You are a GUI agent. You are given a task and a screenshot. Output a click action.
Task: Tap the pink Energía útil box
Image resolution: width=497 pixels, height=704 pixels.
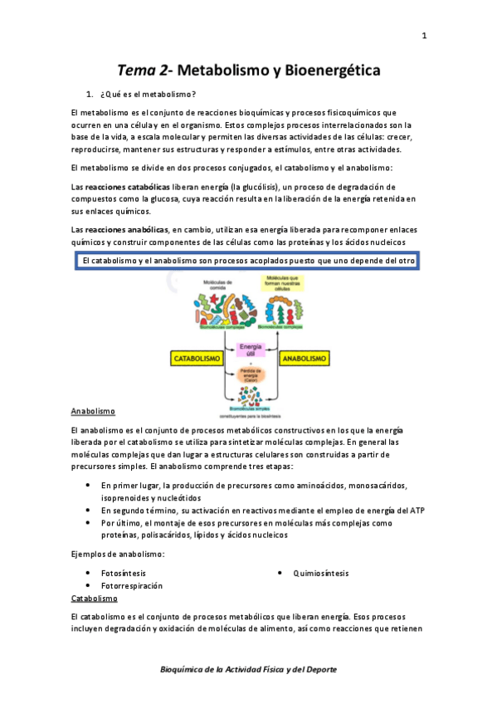click(x=250, y=350)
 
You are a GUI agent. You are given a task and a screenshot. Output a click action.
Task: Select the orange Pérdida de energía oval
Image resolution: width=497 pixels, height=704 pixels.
click(x=250, y=373)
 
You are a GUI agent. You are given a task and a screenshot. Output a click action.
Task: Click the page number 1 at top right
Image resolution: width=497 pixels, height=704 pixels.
click(x=424, y=36)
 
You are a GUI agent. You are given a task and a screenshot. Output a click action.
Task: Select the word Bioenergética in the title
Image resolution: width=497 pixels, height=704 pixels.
click(x=332, y=71)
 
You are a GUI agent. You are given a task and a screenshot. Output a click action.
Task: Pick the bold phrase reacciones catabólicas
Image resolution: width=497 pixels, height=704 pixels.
click(x=128, y=187)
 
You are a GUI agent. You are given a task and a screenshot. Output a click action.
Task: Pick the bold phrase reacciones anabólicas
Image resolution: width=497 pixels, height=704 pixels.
click(x=128, y=229)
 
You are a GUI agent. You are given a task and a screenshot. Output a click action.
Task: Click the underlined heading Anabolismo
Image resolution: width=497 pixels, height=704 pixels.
click(x=93, y=411)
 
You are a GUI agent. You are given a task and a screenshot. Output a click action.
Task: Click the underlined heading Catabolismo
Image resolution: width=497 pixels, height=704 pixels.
click(x=94, y=598)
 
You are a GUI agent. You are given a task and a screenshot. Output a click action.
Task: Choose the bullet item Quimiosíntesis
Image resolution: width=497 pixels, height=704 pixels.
click(x=320, y=573)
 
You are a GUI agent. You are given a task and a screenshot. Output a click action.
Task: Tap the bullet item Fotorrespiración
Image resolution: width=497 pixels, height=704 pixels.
click(x=131, y=586)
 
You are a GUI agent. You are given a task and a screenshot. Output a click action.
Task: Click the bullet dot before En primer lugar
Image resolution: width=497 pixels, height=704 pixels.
click(x=89, y=484)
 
